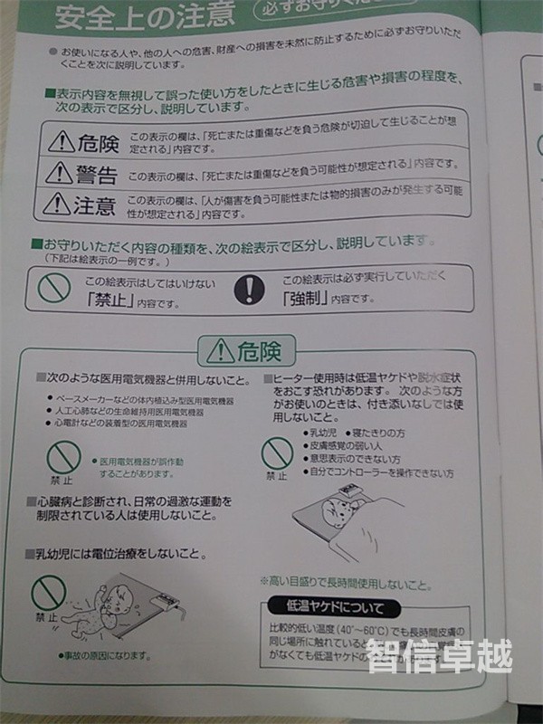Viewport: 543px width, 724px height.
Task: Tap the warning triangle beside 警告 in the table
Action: [60, 172]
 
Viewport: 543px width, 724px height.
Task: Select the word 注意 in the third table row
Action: [94, 205]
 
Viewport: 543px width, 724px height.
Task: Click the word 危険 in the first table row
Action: [98, 141]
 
